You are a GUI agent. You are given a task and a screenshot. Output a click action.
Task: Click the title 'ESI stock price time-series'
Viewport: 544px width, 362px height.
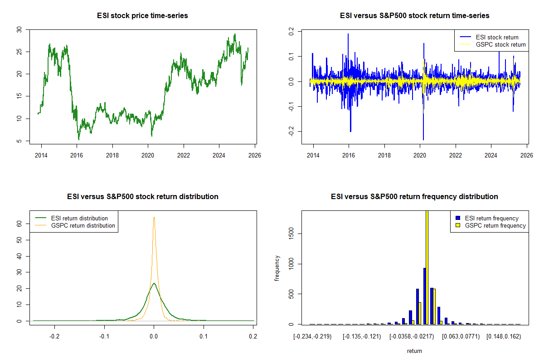coord(142,16)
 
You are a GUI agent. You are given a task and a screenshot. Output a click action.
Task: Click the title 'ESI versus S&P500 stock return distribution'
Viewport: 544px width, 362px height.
coord(142,197)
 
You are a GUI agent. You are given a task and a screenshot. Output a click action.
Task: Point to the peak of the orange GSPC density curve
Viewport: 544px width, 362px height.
coord(154,217)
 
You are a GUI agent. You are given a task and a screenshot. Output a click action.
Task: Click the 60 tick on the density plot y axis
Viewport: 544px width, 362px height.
coord(19,223)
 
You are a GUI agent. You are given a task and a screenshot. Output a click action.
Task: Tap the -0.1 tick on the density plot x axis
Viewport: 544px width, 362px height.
coord(104,337)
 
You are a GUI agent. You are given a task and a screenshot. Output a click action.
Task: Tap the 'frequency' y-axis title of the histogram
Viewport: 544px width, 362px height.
coord(277,268)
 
